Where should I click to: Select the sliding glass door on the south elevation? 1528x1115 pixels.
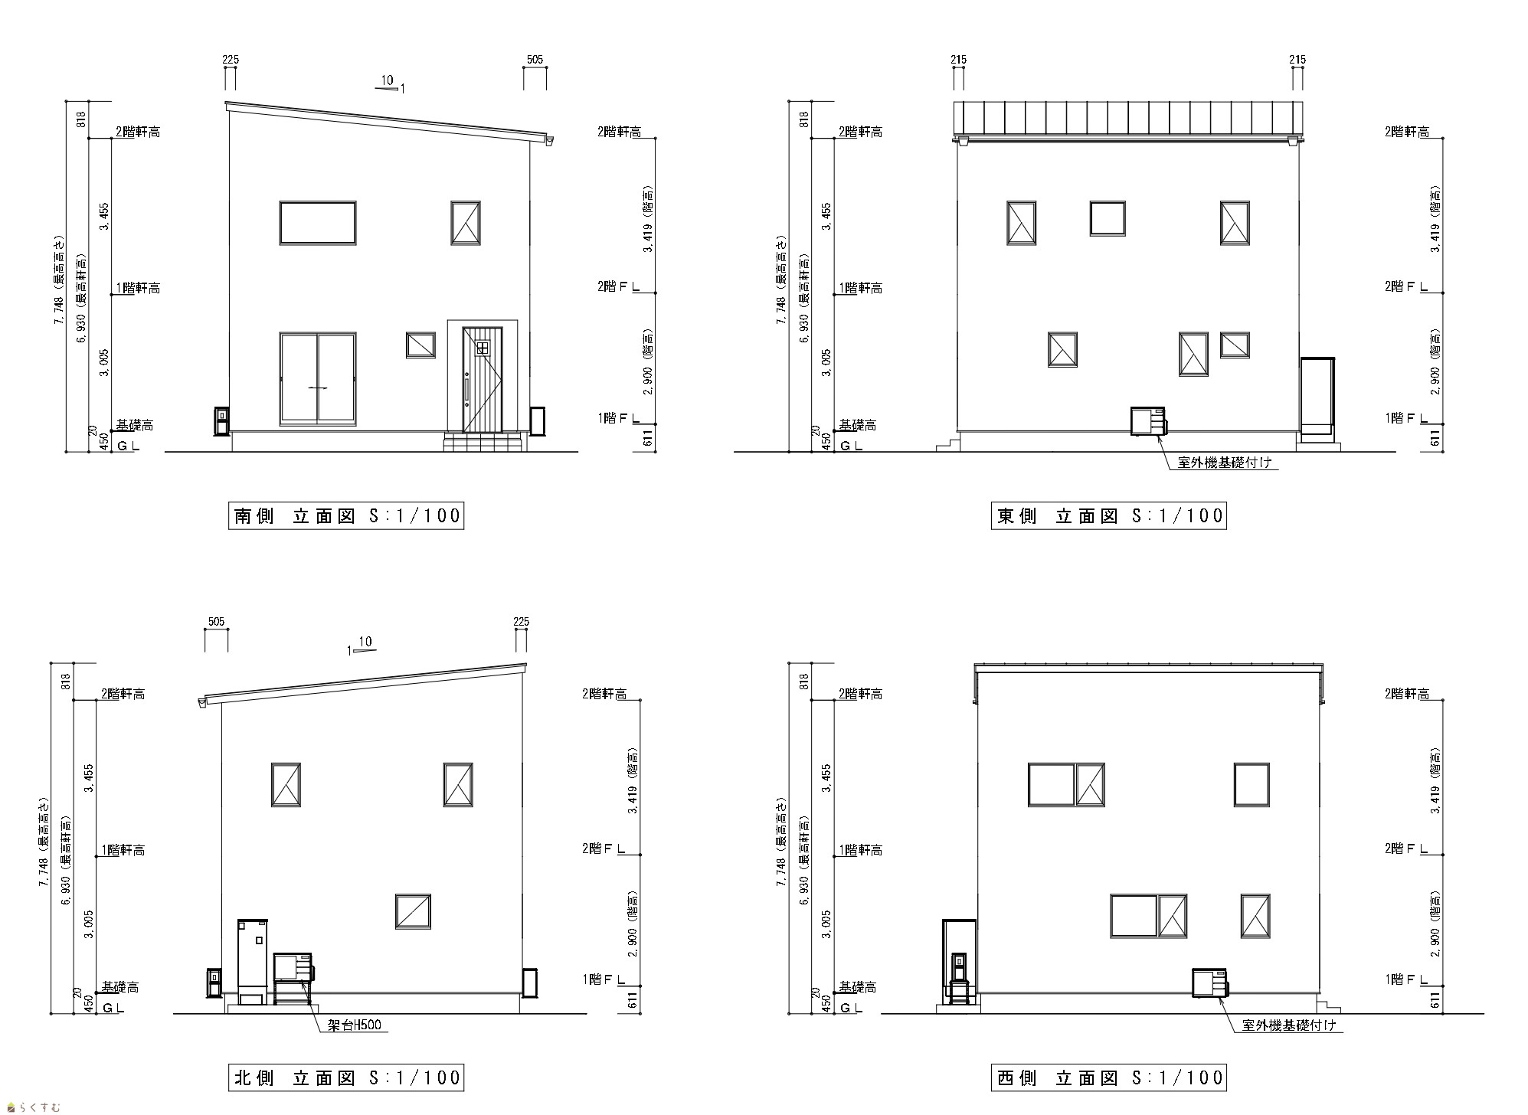[318, 378]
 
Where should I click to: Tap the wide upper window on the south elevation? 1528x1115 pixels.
[318, 223]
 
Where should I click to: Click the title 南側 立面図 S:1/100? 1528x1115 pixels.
[347, 515]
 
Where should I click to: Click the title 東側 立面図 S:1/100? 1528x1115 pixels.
[1108, 515]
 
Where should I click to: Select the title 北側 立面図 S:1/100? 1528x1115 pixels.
[347, 1078]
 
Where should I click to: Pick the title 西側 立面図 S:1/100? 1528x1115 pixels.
[1108, 1078]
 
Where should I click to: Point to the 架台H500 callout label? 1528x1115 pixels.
[354, 1025]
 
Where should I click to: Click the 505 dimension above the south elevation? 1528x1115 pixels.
[535, 60]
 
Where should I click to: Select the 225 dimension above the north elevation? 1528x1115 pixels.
[521, 622]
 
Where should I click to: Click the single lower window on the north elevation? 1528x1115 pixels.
[414, 911]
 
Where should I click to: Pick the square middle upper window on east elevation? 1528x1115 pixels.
[1108, 218]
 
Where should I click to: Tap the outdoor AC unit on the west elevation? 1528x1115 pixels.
[1210, 983]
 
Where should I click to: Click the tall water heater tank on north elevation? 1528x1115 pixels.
[253, 962]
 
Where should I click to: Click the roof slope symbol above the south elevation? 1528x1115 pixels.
[390, 84]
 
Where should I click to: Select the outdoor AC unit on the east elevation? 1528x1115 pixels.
[1148, 421]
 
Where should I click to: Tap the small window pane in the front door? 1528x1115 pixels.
[483, 348]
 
